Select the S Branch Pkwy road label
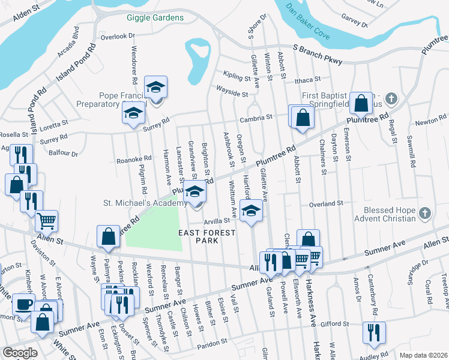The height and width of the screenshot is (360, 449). tap(318, 55)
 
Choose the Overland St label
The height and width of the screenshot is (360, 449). tap(325, 204)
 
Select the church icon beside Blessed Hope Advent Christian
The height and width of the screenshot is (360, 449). tap(424, 213)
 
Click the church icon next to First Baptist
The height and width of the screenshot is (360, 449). tap(391, 98)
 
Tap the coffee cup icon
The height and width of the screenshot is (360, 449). tap(23, 304)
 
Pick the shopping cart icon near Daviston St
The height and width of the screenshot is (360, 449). tap(46, 220)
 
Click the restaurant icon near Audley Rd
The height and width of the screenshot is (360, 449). tap(373, 332)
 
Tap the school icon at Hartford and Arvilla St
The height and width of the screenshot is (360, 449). tap(252, 210)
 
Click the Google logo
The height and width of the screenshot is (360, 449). tap(19, 353)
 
